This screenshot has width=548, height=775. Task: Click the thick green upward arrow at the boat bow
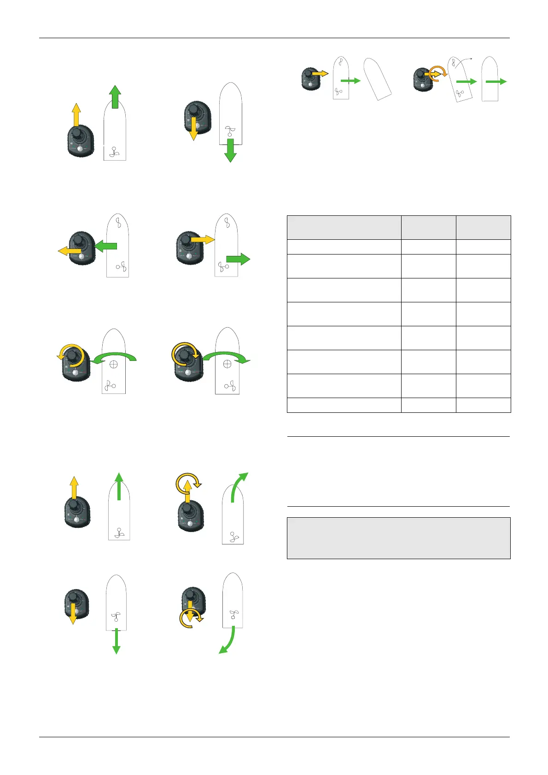tap(115, 97)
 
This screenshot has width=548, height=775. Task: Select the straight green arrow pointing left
tap(105, 247)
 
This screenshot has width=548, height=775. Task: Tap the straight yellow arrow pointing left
tap(69, 250)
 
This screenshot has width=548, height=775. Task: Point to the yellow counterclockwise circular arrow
tap(70, 354)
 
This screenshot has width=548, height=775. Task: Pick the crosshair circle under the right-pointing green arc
tap(227, 364)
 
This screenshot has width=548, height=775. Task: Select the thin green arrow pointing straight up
tap(119, 486)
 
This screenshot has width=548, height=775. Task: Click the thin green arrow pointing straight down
tap(117, 641)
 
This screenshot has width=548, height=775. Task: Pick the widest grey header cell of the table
tap(344, 227)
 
